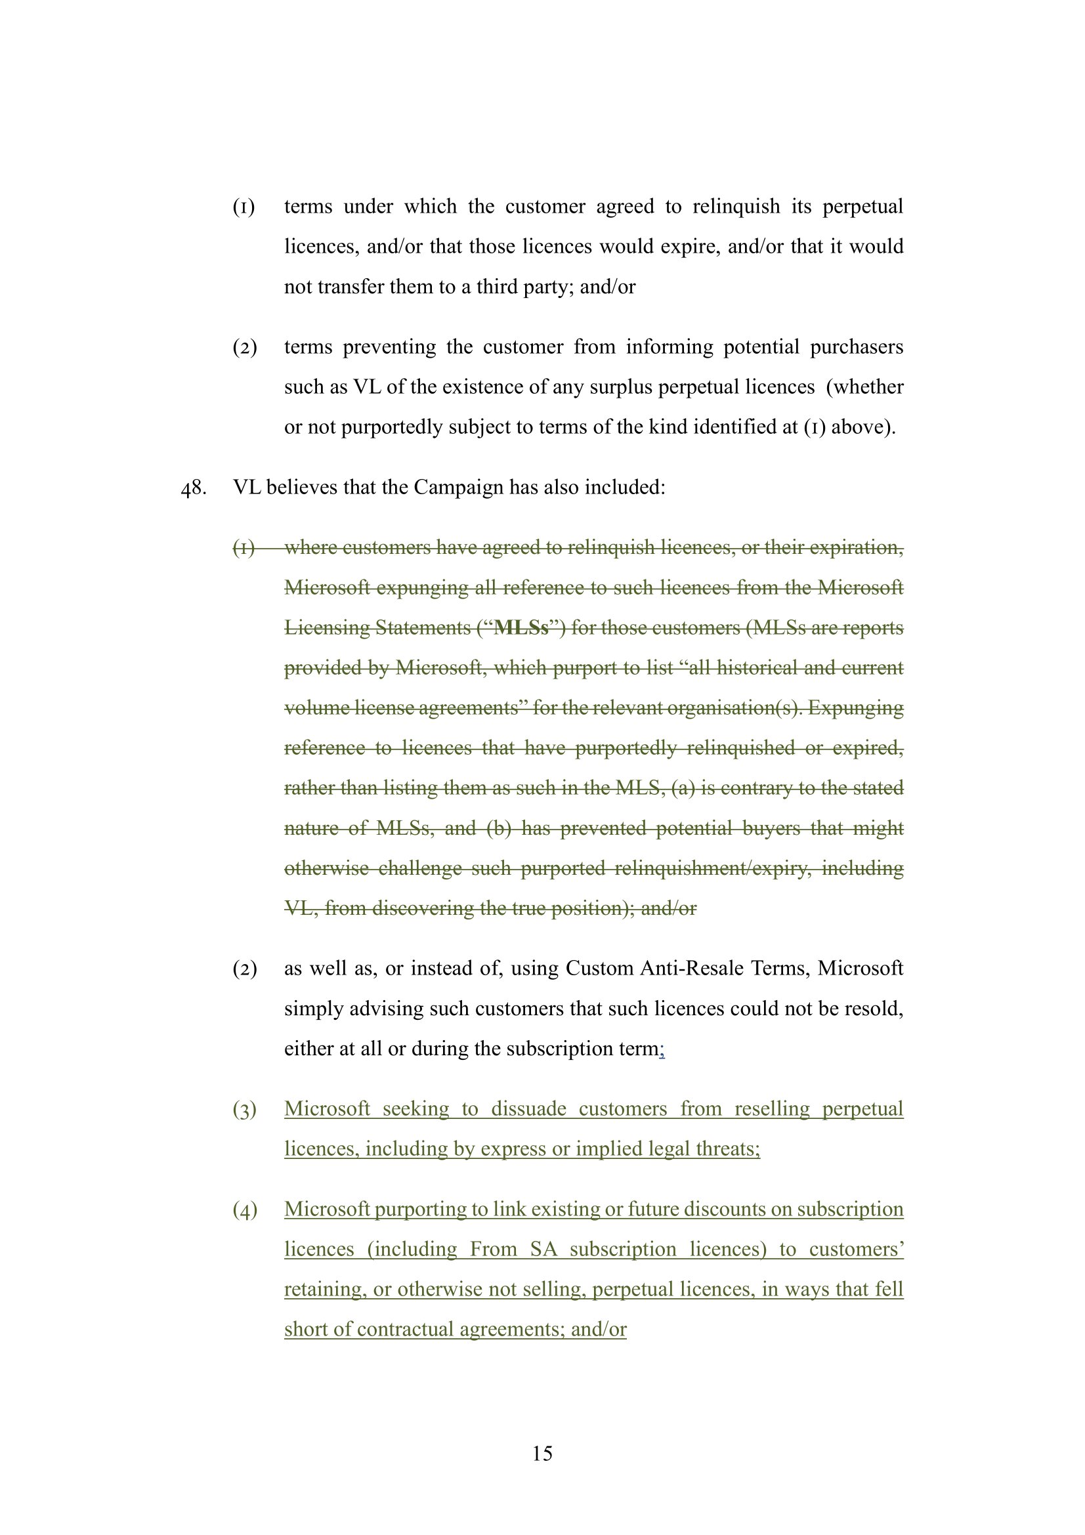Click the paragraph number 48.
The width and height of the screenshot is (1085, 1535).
click(193, 488)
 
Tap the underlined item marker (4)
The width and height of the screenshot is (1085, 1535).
click(245, 1210)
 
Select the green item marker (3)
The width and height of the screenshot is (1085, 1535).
click(245, 1110)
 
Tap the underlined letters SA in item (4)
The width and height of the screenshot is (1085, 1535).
click(543, 1250)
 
